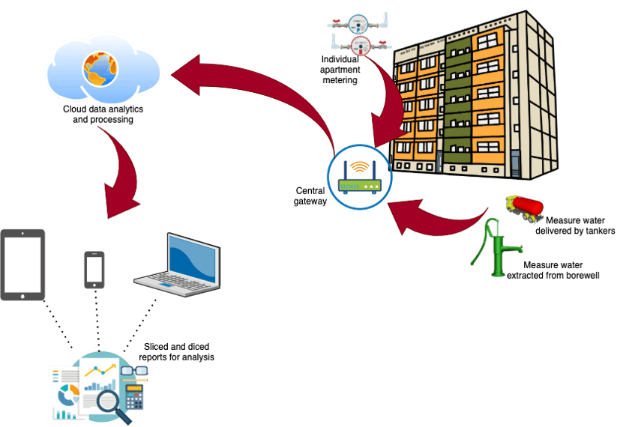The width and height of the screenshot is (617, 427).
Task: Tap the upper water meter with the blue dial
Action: pos(358,22)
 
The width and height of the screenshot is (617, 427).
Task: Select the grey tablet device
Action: pos(23,264)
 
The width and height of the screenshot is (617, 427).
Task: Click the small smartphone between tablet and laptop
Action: pos(94,270)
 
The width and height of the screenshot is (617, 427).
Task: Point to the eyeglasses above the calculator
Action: pos(139,369)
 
